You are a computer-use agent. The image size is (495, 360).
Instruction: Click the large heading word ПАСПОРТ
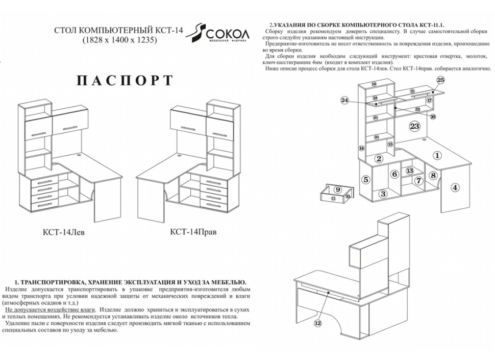(x=124, y=81)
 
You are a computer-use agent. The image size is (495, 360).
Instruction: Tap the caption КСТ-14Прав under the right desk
(x=193, y=231)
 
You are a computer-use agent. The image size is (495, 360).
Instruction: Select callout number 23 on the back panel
(x=414, y=126)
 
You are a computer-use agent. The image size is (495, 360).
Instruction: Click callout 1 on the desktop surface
(x=437, y=155)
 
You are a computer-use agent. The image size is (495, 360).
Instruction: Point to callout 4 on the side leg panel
(x=455, y=187)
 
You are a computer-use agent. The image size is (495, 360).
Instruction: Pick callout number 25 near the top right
(x=441, y=80)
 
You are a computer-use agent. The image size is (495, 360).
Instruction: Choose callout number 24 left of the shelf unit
(x=345, y=101)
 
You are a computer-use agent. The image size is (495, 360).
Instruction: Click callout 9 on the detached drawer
(x=337, y=189)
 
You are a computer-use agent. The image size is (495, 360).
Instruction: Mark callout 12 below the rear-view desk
(x=318, y=323)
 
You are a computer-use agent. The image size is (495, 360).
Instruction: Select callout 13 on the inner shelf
(x=409, y=171)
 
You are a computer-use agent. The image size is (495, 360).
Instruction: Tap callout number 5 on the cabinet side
(x=365, y=179)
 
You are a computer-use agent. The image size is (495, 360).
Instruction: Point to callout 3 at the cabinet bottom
(x=383, y=194)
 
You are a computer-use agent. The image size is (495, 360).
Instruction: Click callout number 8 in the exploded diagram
(x=433, y=176)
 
